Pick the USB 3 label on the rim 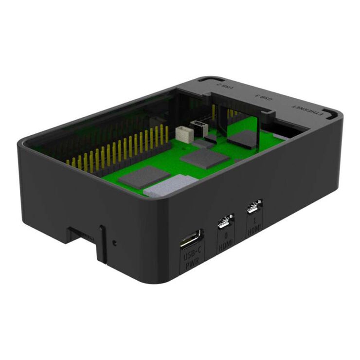click(x=266, y=97)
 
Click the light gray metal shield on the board click(x=170, y=185)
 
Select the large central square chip click(x=204, y=158)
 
